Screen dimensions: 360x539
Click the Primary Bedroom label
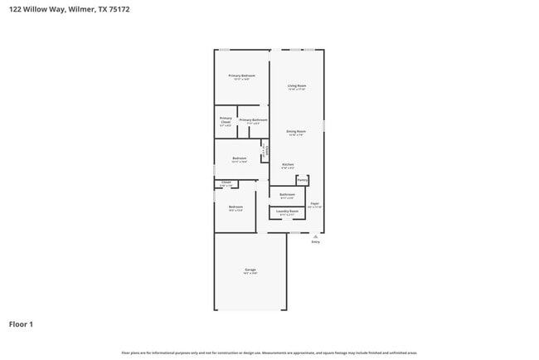[241, 75]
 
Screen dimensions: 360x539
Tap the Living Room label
[297, 85]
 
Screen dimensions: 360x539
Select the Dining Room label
[296, 131]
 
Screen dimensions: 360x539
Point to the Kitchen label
[288, 164]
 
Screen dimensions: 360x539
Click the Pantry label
[303, 179]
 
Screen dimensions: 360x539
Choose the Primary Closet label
[226, 120]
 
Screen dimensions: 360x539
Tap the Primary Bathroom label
[253, 120]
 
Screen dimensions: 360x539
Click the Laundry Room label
[287, 212]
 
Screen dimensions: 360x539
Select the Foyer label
[315, 203]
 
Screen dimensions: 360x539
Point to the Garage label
[250, 270]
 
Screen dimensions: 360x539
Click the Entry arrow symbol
[315, 236]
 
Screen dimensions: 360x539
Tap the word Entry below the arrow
[315, 242]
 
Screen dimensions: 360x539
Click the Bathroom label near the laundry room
[287, 195]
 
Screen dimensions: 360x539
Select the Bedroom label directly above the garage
[236, 207]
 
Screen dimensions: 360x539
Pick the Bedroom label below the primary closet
[239, 158]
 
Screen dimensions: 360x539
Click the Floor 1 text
[22, 324]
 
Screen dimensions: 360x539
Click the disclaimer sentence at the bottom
[269, 353]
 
